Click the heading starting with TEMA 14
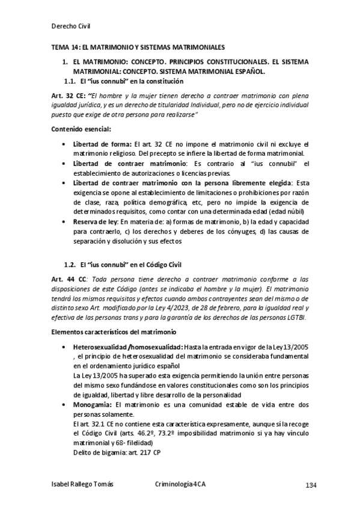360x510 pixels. pyautogui.click(x=136, y=46)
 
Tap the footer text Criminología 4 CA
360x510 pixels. pyautogui.click(x=180, y=485)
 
